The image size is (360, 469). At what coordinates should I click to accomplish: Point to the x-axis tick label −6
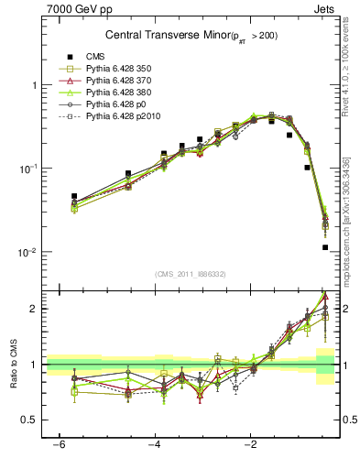(x=58, y=444)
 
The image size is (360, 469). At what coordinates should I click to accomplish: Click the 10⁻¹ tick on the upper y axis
(x=30, y=169)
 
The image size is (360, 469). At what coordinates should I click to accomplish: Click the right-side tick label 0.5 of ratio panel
(x=350, y=420)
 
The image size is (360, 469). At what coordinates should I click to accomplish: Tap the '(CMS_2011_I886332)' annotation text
(x=191, y=274)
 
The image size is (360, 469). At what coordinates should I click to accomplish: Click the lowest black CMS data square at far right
(x=325, y=247)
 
